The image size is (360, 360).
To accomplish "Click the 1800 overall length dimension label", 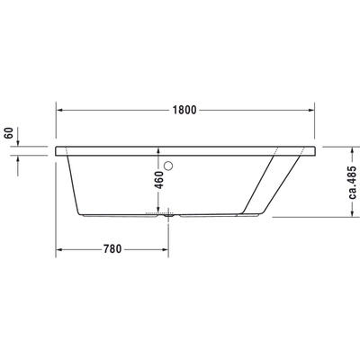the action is click(184, 110).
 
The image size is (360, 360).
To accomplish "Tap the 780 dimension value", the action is click(112, 249).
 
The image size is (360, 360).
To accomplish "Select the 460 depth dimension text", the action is click(159, 180).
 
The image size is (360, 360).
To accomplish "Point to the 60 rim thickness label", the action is click(9, 133).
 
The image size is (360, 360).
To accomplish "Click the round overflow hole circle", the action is click(168, 166).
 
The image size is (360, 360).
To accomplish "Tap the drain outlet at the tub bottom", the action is click(168, 214).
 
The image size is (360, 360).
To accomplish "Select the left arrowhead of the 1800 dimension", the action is click(59, 110).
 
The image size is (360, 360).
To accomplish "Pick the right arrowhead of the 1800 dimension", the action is click(311, 110).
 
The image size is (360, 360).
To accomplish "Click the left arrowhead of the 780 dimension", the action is click(59, 249).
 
